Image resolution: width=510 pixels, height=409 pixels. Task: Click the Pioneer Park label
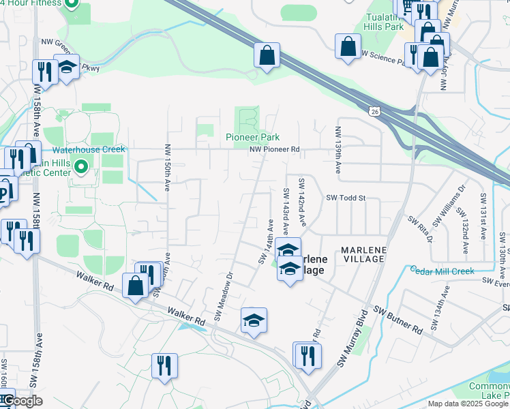click(x=252, y=137)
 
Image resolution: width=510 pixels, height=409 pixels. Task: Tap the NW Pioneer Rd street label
click(x=274, y=149)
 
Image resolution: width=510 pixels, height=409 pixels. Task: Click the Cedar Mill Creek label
click(x=442, y=271)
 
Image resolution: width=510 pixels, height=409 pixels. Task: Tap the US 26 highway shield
click(x=374, y=111)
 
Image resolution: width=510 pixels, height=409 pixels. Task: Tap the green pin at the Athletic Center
click(x=81, y=166)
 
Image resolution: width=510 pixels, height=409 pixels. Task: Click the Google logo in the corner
click(x=22, y=401)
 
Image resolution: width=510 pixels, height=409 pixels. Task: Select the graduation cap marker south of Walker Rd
click(x=254, y=320)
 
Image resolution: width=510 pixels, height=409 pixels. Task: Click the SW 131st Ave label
click(x=483, y=214)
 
